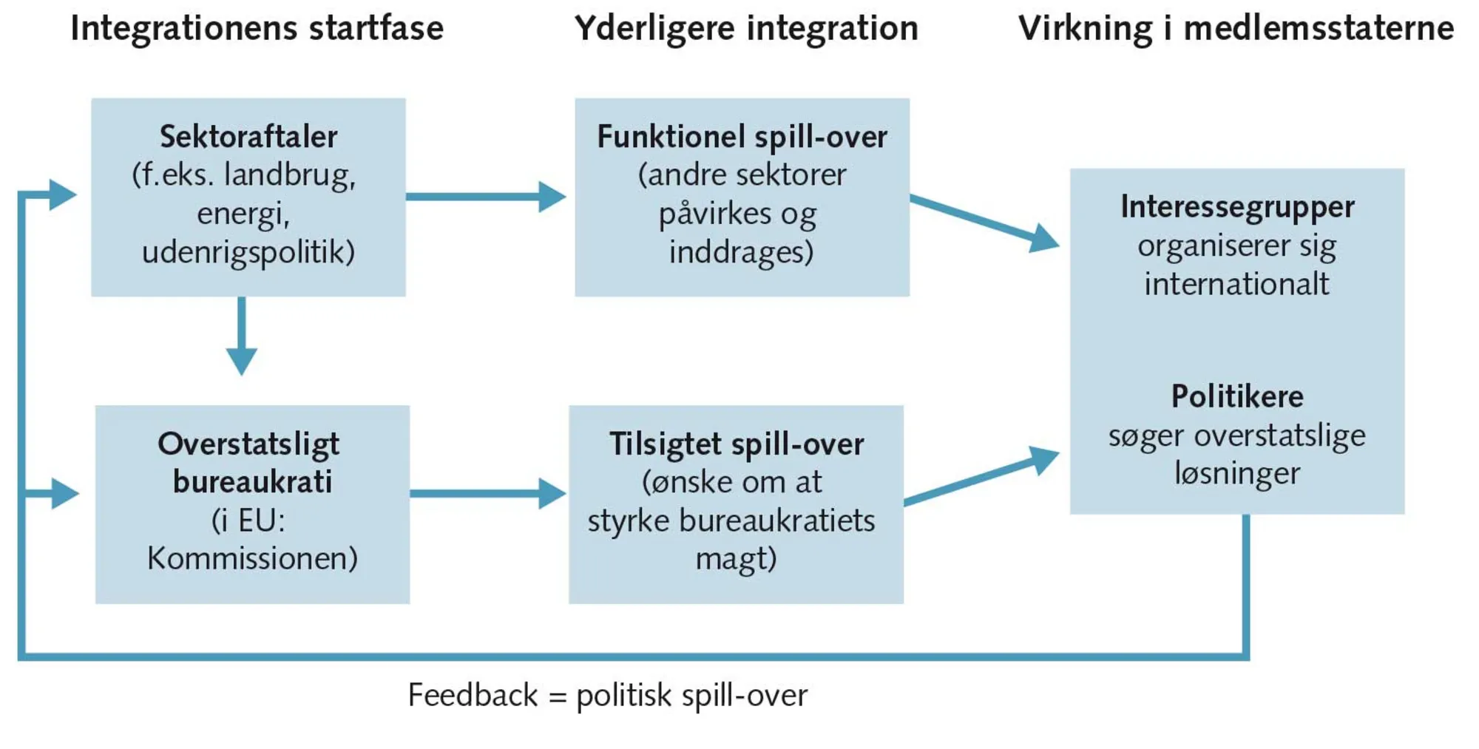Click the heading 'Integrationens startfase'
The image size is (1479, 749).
(x=257, y=29)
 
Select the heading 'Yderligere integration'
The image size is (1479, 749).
(x=746, y=29)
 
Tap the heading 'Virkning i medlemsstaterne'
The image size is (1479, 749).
(x=1236, y=29)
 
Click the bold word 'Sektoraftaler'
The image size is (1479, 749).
(x=248, y=137)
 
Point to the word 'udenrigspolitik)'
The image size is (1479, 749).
(x=248, y=252)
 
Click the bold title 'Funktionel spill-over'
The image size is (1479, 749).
(x=742, y=137)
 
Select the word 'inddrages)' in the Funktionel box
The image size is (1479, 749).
(x=741, y=252)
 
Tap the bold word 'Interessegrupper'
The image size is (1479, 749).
(x=1237, y=206)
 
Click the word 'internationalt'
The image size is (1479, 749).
(x=1236, y=284)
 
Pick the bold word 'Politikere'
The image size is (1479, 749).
(x=1237, y=397)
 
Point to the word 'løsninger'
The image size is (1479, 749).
(x=1237, y=473)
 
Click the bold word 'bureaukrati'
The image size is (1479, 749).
(x=252, y=482)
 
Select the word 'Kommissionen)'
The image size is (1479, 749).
(x=252, y=558)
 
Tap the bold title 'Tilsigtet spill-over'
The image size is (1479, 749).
(x=737, y=444)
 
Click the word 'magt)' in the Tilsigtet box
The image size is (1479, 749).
(x=736, y=558)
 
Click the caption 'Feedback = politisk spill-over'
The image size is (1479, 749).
(x=607, y=695)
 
